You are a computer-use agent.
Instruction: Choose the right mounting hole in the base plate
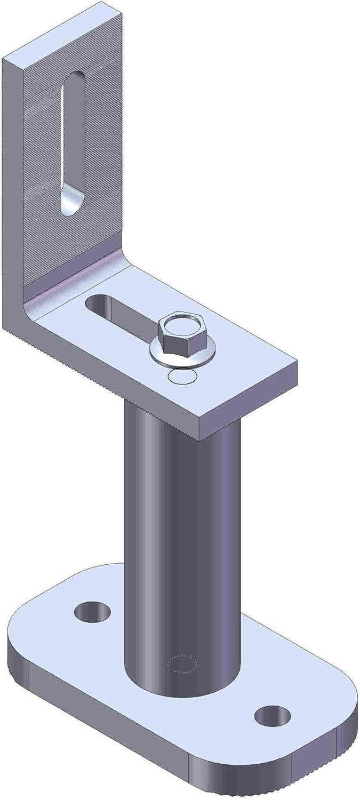coord(273,716)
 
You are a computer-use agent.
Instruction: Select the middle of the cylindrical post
coord(181,533)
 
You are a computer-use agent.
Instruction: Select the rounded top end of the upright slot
coord(75,80)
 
